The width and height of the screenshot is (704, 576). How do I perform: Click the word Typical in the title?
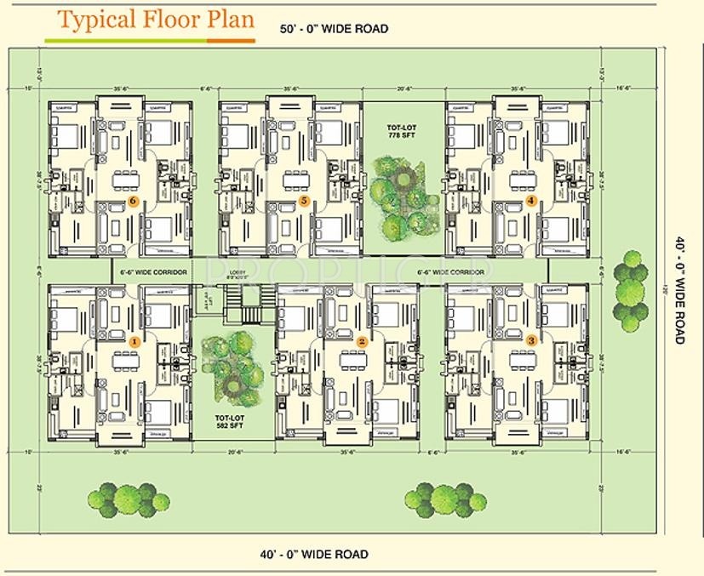click(94, 20)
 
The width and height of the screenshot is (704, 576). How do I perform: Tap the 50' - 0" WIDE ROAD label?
click(335, 29)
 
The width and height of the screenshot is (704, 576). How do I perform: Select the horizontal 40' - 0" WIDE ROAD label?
click(314, 555)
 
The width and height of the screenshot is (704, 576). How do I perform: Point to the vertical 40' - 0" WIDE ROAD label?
click(680, 289)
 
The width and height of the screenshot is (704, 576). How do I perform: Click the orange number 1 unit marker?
click(133, 340)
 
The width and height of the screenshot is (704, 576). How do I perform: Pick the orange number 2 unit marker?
click(362, 341)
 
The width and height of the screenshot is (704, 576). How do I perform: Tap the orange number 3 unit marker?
click(532, 340)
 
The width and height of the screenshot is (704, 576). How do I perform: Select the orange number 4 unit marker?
click(531, 201)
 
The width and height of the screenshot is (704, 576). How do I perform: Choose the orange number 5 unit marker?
click(303, 202)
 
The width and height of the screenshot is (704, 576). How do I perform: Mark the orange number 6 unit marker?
click(133, 202)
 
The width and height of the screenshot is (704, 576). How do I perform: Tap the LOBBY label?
click(238, 273)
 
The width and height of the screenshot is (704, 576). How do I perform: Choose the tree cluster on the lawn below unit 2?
click(440, 498)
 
